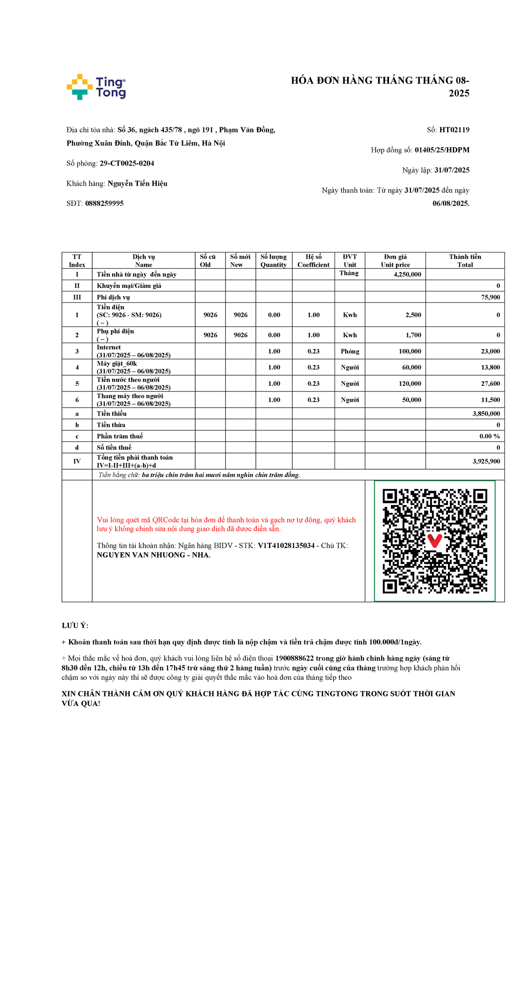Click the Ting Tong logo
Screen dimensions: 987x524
point(96,87)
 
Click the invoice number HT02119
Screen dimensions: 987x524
point(454,130)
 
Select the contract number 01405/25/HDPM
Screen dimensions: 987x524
point(442,150)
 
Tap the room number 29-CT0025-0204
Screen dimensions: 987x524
point(127,163)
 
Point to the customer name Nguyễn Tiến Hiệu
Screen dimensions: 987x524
point(137,184)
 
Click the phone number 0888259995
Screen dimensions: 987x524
point(104,204)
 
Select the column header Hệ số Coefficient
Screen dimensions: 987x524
point(313,261)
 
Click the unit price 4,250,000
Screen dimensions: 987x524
point(407,274)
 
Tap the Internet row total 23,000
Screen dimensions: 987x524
point(490,351)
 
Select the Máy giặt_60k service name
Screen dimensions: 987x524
point(117,364)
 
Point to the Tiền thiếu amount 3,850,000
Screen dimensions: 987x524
point(486,413)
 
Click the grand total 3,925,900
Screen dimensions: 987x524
point(486,461)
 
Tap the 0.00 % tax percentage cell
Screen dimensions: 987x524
point(489,436)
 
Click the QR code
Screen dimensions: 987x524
point(434,541)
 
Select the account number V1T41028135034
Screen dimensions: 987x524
point(286,546)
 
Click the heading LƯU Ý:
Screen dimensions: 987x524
point(75,626)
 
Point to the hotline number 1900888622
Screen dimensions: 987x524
point(294,658)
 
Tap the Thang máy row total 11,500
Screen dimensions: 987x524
point(490,400)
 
